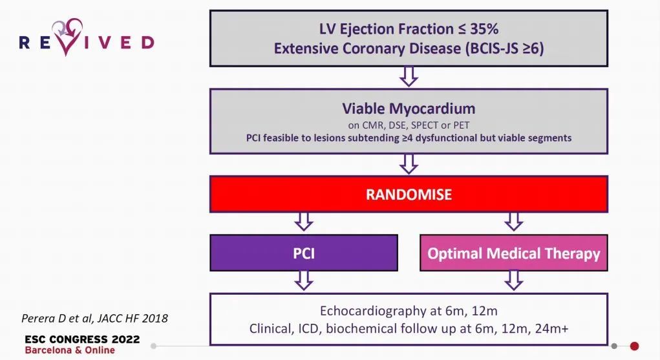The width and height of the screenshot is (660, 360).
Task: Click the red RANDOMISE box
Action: pos(409,194)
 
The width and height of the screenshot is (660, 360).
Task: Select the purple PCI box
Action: pos(303,253)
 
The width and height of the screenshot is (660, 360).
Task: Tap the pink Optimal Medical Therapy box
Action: pos(513,253)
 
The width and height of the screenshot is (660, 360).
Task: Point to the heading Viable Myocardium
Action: pos(409,109)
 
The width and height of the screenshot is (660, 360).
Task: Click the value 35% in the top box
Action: pos(484,29)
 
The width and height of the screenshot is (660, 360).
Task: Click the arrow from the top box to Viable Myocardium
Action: pos(409,77)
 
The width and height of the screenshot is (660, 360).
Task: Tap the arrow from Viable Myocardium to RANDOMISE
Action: pos(409,164)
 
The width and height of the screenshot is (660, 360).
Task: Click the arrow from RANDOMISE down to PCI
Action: pos(303,222)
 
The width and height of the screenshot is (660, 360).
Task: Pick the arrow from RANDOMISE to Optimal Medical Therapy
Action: pos(513,222)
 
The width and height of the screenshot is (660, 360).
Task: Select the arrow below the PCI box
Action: pos(303,281)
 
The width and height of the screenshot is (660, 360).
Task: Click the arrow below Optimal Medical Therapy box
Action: pos(513,281)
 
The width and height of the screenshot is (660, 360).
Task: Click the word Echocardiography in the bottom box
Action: pos(374,311)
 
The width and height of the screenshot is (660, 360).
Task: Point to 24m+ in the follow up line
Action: pos(552,328)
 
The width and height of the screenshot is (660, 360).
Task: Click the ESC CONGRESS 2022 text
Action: pos(82,339)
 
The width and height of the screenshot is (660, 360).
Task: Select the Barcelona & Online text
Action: pos(70,350)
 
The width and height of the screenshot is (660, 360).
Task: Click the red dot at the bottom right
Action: pos(634,346)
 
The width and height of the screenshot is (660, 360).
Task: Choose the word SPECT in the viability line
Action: pos(425,125)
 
